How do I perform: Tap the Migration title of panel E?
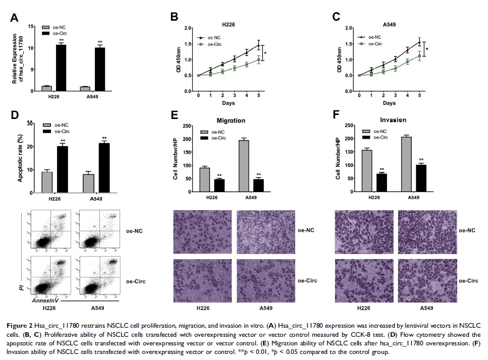click(231, 121)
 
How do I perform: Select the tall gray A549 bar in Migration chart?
click(244, 166)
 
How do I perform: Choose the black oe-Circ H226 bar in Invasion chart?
click(382, 183)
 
